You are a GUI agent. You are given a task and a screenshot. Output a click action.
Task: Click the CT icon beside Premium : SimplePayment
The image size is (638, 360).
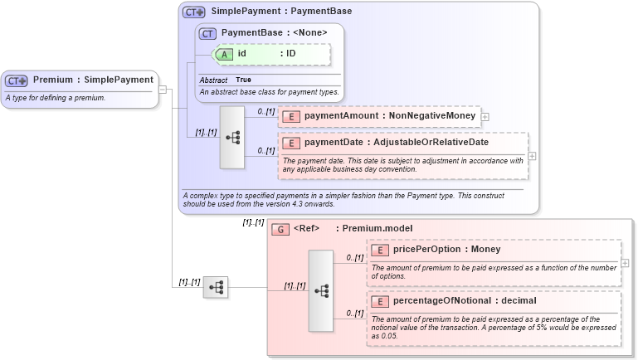pyautogui.click(x=17, y=80)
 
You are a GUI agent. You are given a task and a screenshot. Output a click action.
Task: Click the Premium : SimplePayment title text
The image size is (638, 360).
pyautogui.click(x=93, y=80)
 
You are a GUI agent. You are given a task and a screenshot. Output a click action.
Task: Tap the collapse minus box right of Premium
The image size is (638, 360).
pyautogui.click(x=163, y=90)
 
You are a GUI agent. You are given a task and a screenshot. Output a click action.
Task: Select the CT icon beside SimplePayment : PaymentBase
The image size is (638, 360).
pyautogui.click(x=194, y=12)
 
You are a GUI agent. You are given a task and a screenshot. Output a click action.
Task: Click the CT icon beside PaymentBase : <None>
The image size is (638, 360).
pyautogui.click(x=208, y=33)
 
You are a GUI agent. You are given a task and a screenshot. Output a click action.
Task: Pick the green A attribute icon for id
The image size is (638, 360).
pyautogui.click(x=224, y=54)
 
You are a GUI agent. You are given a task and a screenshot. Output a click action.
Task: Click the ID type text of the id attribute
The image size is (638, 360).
pyautogui.click(x=291, y=54)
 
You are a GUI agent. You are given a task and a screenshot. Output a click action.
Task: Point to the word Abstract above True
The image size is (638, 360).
pyautogui.click(x=213, y=80)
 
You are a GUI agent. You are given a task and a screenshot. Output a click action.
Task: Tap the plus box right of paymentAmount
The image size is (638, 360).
pyautogui.click(x=485, y=117)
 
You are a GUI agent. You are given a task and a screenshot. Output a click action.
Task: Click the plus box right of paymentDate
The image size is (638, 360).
pyautogui.click(x=532, y=156)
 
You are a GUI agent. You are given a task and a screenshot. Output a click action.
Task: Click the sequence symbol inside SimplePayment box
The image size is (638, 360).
pyautogui.click(x=232, y=137)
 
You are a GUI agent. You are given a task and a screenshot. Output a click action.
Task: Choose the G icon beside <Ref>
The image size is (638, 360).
pyautogui.click(x=280, y=228)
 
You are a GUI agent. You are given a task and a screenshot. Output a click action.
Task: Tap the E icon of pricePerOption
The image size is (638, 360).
pyautogui.click(x=380, y=250)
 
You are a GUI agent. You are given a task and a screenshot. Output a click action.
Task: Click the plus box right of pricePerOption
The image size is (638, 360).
pyautogui.click(x=625, y=263)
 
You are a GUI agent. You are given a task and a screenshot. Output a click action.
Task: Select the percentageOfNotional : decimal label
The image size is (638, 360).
pyautogui.click(x=453, y=301)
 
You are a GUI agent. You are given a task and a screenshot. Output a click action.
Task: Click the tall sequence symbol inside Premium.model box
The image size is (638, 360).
pyautogui.click(x=322, y=290)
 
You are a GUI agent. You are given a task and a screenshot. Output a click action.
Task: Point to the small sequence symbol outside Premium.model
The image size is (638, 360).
pyautogui.click(x=216, y=287)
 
